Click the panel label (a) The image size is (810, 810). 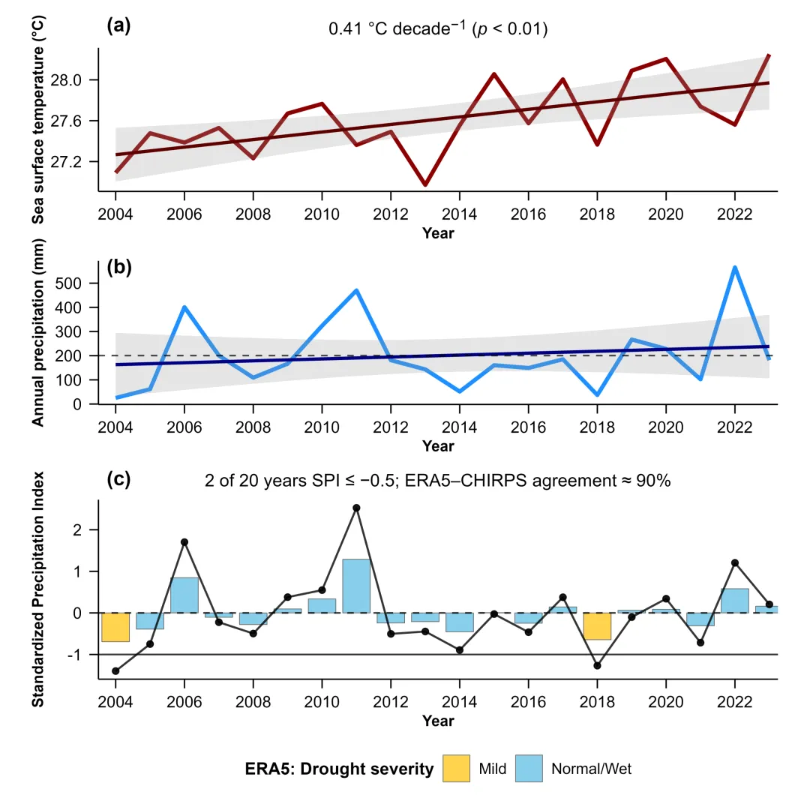coord(119,27)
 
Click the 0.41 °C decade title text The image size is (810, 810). coord(439,29)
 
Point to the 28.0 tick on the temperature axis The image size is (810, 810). coord(75,80)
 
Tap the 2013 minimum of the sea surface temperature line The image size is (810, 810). coord(425,184)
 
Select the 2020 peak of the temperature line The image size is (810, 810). coord(666,58)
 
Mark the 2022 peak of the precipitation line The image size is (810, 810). coord(735,268)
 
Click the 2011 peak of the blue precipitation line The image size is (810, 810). coord(357,290)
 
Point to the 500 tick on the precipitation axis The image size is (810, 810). coord(79,283)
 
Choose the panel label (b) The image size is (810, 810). coord(119,267)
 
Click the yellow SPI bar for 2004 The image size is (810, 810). coord(115,627)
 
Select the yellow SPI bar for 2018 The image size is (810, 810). coord(597,626)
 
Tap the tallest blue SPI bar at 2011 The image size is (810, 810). coord(357,586)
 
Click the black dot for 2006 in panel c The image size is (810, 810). coord(184,541)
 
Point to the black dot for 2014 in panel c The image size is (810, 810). coord(460,650)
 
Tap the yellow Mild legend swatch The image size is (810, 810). coord(456,768)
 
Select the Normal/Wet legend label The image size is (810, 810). coord(591,769)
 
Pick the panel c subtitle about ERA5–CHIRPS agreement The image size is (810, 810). coord(438,481)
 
